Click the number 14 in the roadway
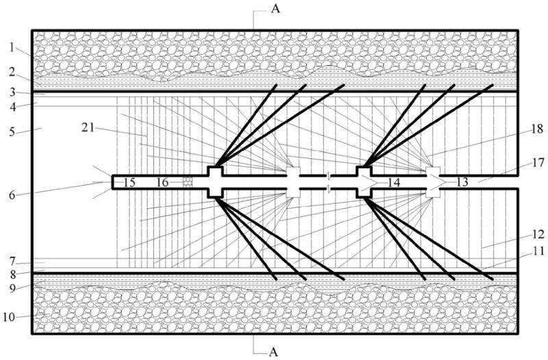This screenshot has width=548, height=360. click(x=393, y=182)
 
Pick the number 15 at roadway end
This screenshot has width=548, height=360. click(x=129, y=182)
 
